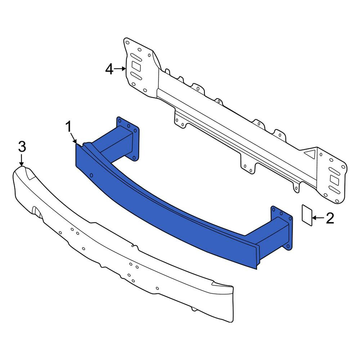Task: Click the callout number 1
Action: (x=69, y=127)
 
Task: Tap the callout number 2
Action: (x=330, y=218)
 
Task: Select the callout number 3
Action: (x=22, y=147)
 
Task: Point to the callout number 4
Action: (x=109, y=69)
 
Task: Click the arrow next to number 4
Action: (x=120, y=69)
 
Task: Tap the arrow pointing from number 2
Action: (x=318, y=218)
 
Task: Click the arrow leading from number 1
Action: (x=73, y=138)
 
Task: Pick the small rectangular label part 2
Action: (x=307, y=215)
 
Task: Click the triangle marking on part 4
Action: (x=310, y=154)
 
